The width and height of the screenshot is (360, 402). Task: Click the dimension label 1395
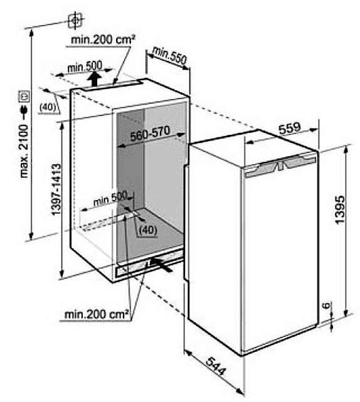[x=341, y=209]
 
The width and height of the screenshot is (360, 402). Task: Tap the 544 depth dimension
[x=216, y=366]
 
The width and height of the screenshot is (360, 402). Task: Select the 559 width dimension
[x=289, y=128]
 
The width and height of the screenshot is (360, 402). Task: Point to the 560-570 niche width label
[x=150, y=134]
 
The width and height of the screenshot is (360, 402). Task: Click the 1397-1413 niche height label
[x=56, y=189]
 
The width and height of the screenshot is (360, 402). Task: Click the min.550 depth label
[x=169, y=55]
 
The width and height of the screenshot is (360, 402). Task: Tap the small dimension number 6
[x=326, y=305]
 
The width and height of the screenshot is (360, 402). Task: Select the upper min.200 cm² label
[x=103, y=40]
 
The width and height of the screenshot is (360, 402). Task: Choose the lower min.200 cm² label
[x=96, y=314]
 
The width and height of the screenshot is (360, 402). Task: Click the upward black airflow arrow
[x=95, y=79]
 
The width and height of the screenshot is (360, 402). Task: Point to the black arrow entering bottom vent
[x=161, y=265]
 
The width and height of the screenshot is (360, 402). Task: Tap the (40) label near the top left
[x=48, y=107]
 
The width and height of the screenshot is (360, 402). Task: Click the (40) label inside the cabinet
[x=147, y=230]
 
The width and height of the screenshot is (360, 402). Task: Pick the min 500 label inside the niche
[x=110, y=199]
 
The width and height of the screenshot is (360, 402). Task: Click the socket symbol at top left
[x=76, y=20]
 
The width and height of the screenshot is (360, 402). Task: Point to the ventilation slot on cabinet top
[x=112, y=85]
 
